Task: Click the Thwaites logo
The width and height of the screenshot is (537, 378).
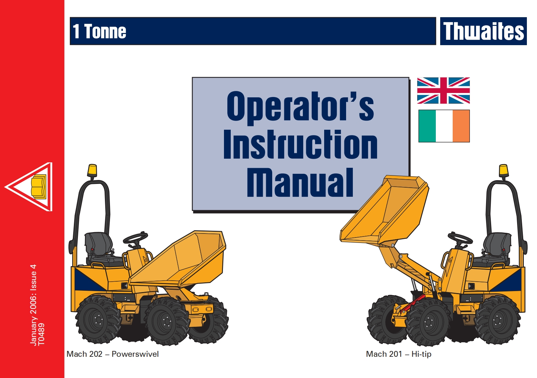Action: click(x=483, y=31)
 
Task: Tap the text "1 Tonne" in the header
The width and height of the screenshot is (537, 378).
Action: click(x=100, y=32)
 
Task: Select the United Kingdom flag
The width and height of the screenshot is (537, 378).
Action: click(x=443, y=91)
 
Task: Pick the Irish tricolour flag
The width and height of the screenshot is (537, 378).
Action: click(x=444, y=126)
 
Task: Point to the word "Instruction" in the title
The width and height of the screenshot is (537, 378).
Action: click(x=300, y=145)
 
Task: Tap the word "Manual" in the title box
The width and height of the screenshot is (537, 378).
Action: click(x=300, y=183)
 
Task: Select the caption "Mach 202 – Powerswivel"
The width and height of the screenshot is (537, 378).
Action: click(x=113, y=354)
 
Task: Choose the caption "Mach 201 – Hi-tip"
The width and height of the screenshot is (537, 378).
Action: click(x=398, y=354)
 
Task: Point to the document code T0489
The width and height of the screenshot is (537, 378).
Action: click(x=41, y=334)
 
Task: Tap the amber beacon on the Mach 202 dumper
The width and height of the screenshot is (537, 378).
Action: click(x=92, y=170)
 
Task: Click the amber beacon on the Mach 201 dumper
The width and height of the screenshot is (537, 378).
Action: click(x=503, y=170)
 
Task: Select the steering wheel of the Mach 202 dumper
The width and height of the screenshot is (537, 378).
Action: click(x=135, y=238)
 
